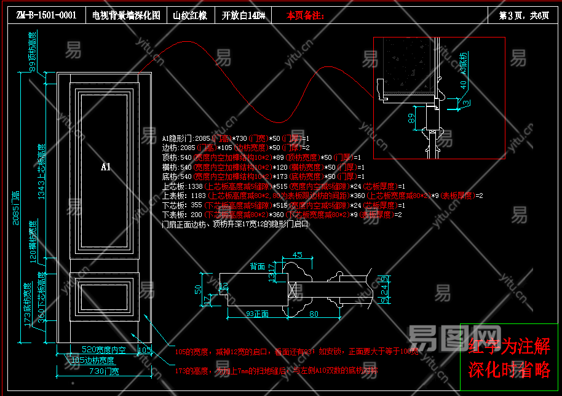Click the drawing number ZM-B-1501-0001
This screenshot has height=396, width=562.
click(46, 15)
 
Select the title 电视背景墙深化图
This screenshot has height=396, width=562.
click(126, 15)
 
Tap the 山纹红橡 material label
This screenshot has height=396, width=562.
click(188, 15)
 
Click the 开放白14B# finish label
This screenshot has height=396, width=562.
click(243, 15)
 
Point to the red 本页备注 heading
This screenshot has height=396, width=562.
click(306, 15)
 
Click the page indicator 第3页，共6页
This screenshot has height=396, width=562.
click(524, 15)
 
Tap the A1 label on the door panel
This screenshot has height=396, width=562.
click(105, 167)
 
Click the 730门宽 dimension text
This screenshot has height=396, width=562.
click(104, 371)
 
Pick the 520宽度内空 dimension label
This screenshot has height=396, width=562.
click(103, 350)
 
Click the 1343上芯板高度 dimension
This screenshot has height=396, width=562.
click(41, 172)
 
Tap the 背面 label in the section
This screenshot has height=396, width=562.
click(257, 267)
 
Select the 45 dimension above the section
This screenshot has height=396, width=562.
click(298, 255)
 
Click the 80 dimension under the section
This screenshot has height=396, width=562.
click(314, 314)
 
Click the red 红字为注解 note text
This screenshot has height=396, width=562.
click(509, 347)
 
